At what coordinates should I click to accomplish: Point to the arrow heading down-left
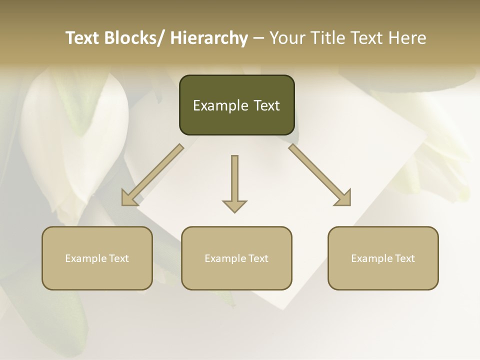coord(152,175)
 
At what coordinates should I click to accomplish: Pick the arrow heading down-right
coord(320,175)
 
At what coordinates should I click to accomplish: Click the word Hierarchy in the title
coord(209,38)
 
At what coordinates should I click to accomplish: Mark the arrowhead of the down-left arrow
coord(129,198)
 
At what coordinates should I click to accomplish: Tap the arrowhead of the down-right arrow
coord(343,198)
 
